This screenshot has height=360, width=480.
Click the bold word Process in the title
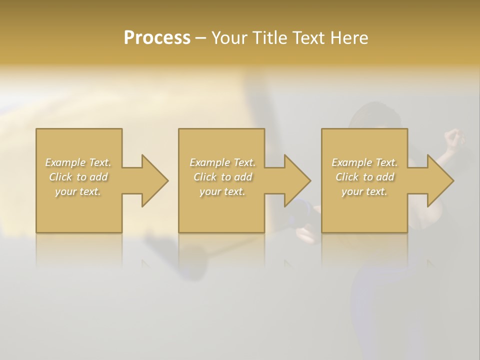tap(157, 38)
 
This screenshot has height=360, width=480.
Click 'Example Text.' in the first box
tap(78, 162)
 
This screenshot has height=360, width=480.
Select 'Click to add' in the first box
tap(78, 177)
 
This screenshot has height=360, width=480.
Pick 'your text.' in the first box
tap(78, 191)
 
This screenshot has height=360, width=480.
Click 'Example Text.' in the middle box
tap(222, 162)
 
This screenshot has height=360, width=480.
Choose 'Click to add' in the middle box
tap(222, 177)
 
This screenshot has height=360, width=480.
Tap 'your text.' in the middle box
tap(222, 191)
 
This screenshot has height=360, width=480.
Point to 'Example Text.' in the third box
tap(364, 162)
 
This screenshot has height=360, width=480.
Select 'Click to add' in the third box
tap(364, 177)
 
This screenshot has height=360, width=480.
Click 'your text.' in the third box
tap(364, 191)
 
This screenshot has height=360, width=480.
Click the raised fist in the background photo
tap(453, 137)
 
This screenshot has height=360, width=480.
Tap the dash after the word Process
tap(200, 38)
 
